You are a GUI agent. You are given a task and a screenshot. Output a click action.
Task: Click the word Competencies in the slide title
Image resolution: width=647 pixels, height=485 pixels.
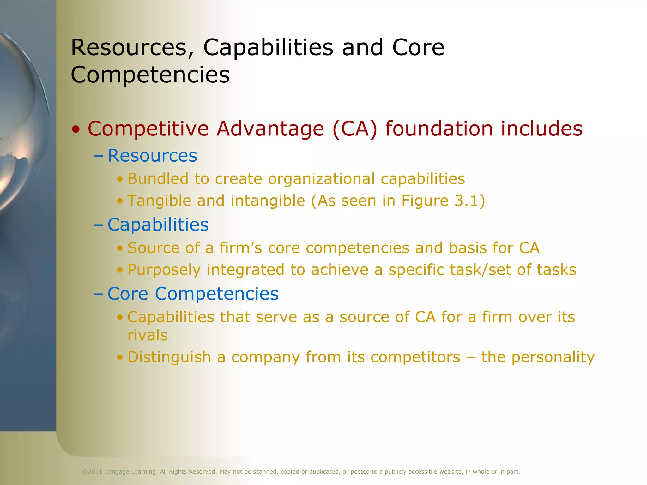pyautogui.click(x=150, y=75)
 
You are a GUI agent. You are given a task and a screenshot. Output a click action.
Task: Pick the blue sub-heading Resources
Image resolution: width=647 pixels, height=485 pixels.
pyautogui.click(x=152, y=155)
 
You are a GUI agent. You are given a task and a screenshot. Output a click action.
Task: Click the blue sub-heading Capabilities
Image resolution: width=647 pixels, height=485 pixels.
pyautogui.click(x=158, y=225)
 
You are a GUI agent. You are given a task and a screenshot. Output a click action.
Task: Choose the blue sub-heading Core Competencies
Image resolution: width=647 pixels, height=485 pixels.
pyautogui.click(x=193, y=294)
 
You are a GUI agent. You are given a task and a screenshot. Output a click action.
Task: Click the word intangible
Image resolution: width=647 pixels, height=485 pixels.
pyautogui.click(x=268, y=201)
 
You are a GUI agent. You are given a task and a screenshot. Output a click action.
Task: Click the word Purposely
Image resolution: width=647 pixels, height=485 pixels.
pyautogui.click(x=164, y=270)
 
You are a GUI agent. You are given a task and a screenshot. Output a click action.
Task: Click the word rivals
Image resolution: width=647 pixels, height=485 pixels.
pyautogui.click(x=148, y=335)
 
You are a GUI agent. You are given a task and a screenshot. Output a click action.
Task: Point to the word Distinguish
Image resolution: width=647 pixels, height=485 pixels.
pyautogui.click(x=169, y=357)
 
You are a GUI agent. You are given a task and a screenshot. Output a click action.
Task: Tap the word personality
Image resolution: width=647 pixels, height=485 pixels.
pyautogui.click(x=553, y=357)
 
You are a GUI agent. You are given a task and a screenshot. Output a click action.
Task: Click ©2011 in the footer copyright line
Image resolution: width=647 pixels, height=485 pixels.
pyautogui.click(x=92, y=472)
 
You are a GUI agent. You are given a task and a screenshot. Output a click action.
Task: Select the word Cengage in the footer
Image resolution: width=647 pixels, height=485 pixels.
pyautogui.click(x=117, y=472)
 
